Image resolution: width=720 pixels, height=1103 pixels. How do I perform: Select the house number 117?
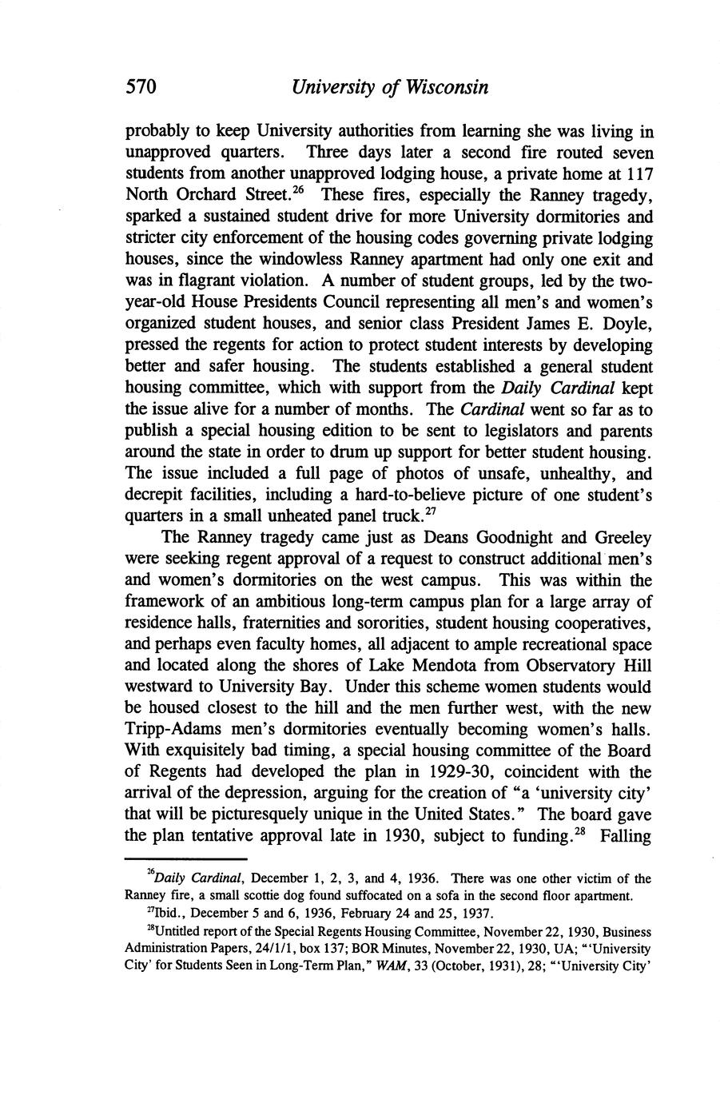pos(638,173)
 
